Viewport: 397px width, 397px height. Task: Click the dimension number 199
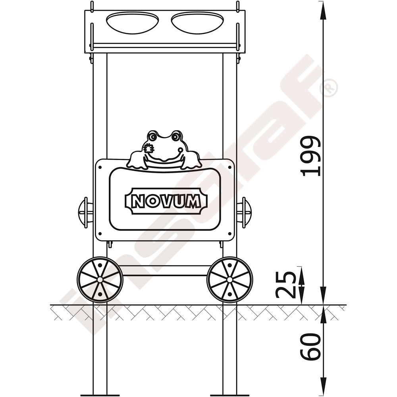click(310, 156)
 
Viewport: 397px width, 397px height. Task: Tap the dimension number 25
click(285, 285)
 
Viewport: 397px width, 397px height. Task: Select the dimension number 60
click(310, 347)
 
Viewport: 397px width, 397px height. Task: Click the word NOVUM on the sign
click(166, 202)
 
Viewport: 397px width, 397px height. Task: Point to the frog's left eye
click(152, 137)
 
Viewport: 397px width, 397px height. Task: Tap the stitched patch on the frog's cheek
click(148, 148)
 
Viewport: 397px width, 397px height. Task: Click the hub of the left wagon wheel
click(100, 279)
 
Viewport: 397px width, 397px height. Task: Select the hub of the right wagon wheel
click(229, 279)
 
